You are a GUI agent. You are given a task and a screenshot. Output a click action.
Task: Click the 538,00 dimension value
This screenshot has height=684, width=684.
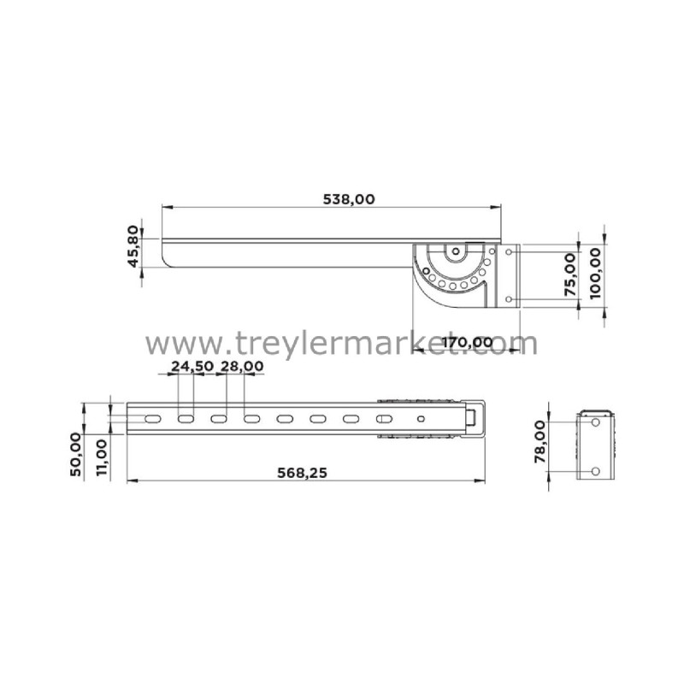349,199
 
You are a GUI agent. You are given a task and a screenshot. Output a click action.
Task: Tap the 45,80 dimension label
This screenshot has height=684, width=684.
133,246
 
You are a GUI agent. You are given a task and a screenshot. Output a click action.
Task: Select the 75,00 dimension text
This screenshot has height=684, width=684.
570,274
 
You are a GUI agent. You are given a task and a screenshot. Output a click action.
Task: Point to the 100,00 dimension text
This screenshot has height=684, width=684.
595,273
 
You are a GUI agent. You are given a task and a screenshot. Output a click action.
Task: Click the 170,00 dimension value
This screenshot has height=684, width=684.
468,342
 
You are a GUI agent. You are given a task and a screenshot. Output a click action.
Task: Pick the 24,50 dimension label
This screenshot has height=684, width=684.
192,367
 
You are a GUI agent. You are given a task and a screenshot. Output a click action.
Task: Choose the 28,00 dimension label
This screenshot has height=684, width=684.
242,367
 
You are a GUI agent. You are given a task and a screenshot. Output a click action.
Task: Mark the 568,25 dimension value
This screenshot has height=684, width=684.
302,473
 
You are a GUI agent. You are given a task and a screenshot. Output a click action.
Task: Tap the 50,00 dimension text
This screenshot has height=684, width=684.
75,455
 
